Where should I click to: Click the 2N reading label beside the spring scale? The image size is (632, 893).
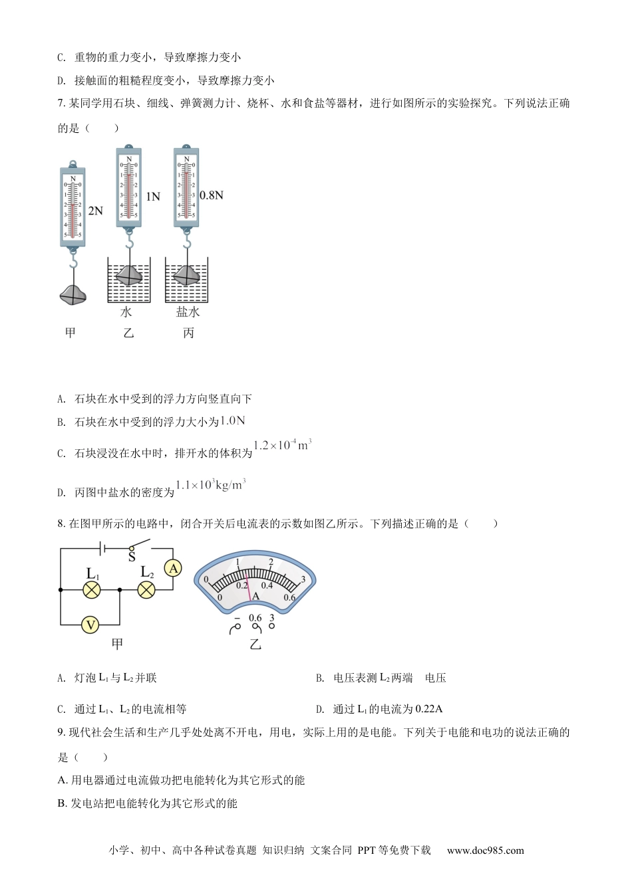pos(95,211)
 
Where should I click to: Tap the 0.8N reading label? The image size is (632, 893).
pos(211,195)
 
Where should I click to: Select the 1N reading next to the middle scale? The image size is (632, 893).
pos(153,197)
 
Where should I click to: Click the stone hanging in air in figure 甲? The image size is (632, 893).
pos(73,295)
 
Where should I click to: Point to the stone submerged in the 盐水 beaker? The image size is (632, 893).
pos(187,275)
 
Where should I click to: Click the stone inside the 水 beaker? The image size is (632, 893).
pos(129,274)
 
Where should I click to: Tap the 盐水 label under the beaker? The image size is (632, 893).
pos(188,312)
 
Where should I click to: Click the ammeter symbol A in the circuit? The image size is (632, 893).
pos(173,569)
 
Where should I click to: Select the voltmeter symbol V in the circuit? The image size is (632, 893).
pos(90,625)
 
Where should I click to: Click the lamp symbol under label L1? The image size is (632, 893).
pos(91,589)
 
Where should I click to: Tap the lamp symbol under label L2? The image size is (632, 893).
pos(146,589)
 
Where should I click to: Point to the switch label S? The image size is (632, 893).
pos(132,557)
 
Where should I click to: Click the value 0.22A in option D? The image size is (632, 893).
pos(429,709)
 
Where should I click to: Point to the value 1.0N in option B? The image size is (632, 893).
pos(233,421)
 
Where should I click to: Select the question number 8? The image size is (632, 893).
pos(61,524)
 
